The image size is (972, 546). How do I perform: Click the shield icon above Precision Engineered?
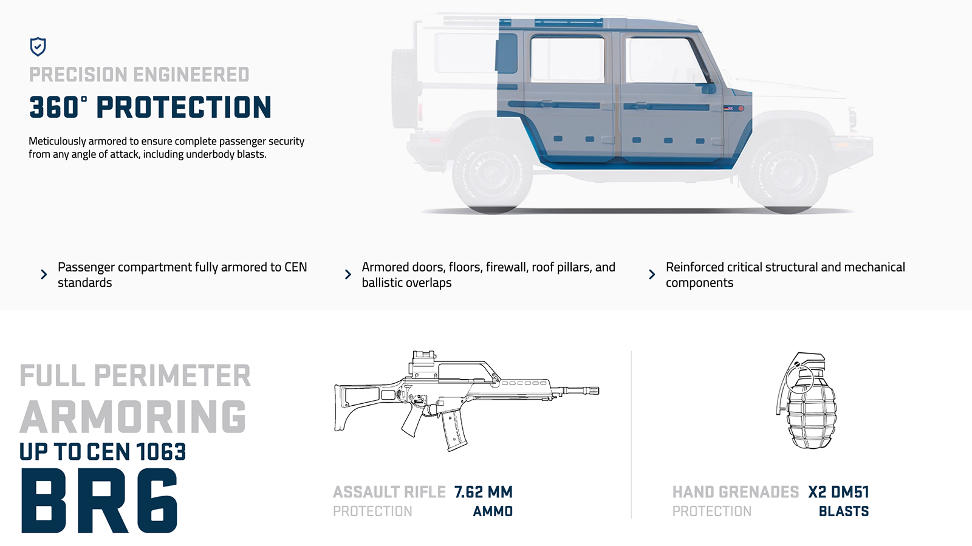(38, 46)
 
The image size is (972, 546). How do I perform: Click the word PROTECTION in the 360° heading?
(183, 107)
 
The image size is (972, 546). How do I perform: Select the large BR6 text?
(100, 502)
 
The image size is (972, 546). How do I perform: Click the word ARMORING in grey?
(133, 417)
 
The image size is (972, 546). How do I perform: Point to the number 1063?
(161, 452)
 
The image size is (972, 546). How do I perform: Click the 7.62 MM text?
(483, 492)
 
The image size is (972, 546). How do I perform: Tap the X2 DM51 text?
(838, 492)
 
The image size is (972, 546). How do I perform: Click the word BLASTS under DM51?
(843, 511)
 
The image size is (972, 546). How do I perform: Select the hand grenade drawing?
(806, 401)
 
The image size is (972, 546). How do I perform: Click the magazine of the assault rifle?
(453, 430)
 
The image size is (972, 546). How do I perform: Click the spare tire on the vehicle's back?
(402, 88)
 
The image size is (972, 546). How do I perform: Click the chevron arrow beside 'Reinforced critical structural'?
(652, 275)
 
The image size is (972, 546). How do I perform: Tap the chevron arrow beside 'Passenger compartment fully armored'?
(44, 275)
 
